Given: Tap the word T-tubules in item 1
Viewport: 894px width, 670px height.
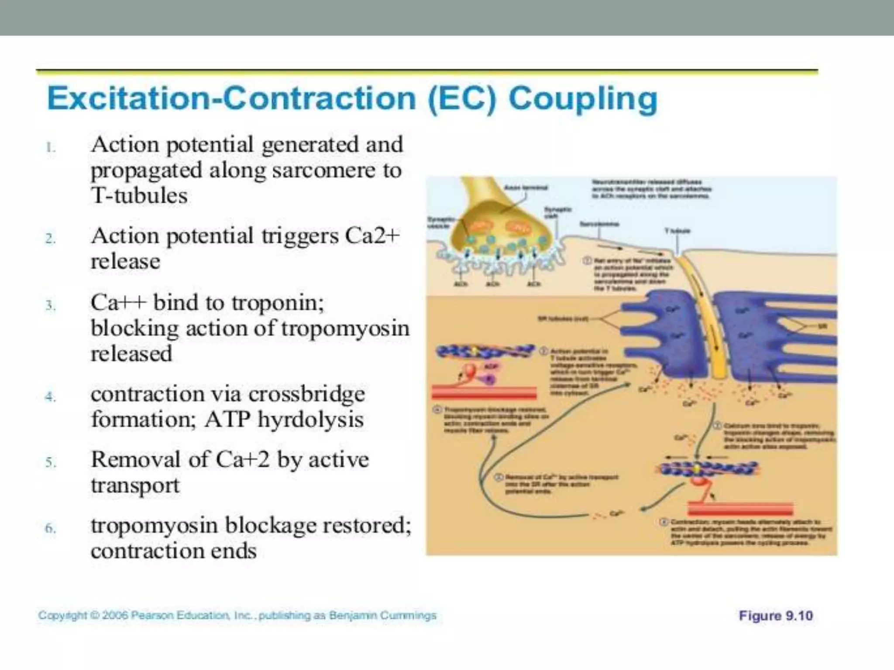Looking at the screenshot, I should pyautogui.click(x=139, y=195).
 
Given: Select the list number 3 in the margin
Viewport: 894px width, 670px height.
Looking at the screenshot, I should pyautogui.click(x=51, y=305).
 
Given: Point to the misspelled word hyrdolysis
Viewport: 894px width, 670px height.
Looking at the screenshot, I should pyautogui.click(x=310, y=420).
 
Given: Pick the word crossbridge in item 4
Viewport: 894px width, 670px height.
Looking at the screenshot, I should pyautogui.click(x=306, y=394).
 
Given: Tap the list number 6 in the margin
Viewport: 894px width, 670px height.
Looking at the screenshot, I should pyautogui.click(x=51, y=528).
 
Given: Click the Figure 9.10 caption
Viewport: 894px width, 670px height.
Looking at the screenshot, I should pyautogui.click(x=775, y=615).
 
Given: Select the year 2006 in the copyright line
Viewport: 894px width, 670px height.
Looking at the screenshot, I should pyautogui.click(x=115, y=615).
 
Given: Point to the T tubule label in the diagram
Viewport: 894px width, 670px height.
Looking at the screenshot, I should pyautogui.click(x=677, y=230).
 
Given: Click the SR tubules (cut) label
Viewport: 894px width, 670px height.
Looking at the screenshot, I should pyautogui.click(x=562, y=318).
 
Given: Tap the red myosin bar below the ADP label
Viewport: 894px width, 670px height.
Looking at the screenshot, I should pyautogui.click(x=484, y=392).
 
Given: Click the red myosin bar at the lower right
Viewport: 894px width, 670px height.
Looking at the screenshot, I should pyautogui.click(x=740, y=509).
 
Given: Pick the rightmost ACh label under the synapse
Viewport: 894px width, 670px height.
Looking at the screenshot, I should pyautogui.click(x=533, y=284).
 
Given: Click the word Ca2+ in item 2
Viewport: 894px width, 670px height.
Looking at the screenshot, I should pyautogui.click(x=372, y=236).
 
